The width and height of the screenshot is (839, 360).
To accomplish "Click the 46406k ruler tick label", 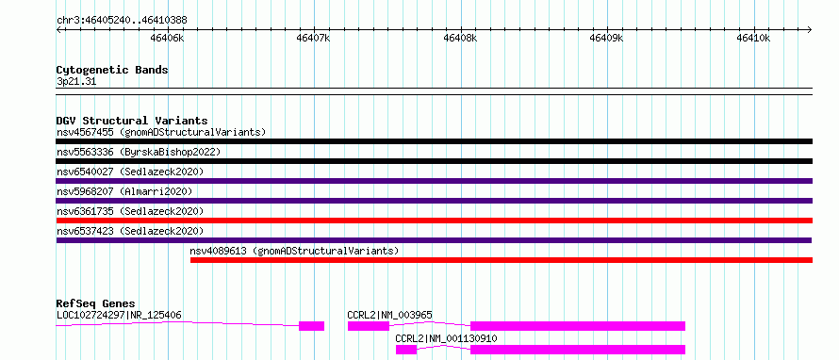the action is click(168, 38).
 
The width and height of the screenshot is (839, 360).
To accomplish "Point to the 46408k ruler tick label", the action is click(461, 38).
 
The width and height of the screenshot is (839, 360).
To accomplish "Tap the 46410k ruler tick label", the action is click(753, 38).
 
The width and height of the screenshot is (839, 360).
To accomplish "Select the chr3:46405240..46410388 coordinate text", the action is click(122, 21).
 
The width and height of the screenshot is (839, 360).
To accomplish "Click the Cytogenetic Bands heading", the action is click(112, 70).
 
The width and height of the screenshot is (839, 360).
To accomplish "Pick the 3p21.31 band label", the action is click(76, 82).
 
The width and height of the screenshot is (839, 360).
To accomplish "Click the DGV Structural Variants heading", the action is click(132, 121).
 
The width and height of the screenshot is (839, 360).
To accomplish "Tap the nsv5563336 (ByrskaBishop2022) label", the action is click(139, 152).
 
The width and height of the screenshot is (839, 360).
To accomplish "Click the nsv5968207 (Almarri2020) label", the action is click(124, 191).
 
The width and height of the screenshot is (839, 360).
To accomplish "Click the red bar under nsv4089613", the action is click(502, 260).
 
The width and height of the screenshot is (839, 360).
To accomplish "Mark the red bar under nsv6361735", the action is click(435, 221).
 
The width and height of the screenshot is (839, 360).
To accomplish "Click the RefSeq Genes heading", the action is click(96, 303).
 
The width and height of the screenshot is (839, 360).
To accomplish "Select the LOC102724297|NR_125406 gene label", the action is click(119, 315).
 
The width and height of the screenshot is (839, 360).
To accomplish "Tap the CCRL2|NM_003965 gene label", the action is click(389, 315).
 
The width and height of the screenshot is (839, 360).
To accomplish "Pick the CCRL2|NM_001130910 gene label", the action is click(446, 338).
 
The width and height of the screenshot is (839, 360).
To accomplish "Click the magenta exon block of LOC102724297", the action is click(311, 326).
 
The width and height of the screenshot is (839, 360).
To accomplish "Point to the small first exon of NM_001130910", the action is click(406, 350).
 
